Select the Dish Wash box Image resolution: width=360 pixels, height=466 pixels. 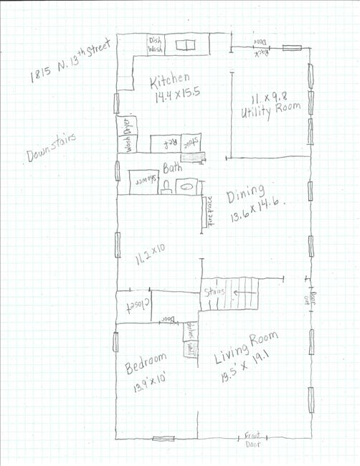[x=156, y=45]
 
